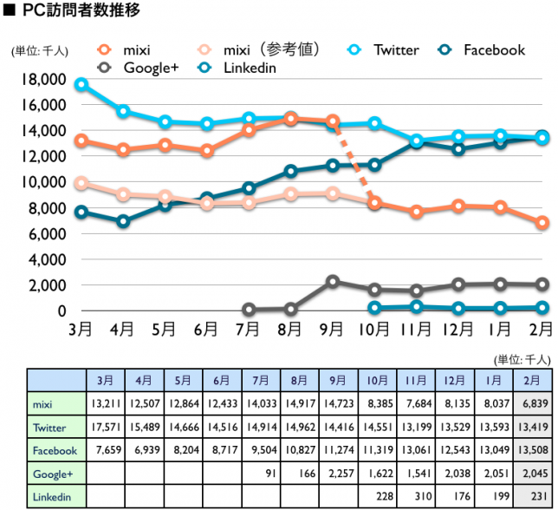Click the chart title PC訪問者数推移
click(79, 11)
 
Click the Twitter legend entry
click(395, 49)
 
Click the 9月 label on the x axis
click(332, 329)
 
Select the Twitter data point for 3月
click(81, 85)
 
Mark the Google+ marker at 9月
click(332, 282)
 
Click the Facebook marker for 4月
click(123, 221)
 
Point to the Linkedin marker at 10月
click(374, 308)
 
